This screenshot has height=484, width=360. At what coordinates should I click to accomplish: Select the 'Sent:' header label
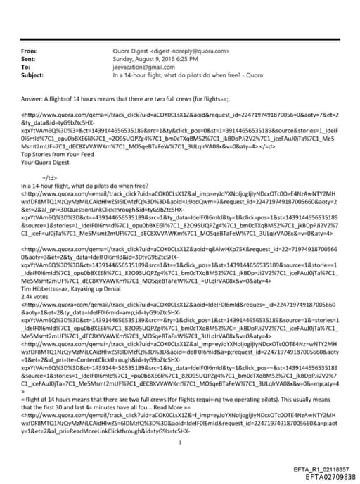pyautogui.click(x=29, y=59)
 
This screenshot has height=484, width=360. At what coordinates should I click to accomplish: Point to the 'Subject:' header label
pyautogui.click(x=32, y=75)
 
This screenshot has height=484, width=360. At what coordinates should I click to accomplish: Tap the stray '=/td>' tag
pyautogui.click(x=50, y=177)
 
